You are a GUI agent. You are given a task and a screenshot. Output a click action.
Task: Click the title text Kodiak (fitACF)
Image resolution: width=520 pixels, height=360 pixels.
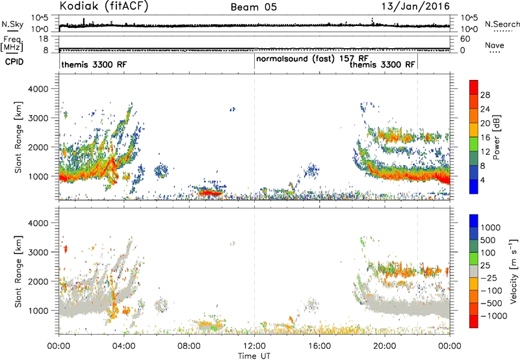(104, 6)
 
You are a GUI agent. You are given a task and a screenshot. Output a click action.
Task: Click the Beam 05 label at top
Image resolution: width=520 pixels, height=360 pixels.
(253, 7)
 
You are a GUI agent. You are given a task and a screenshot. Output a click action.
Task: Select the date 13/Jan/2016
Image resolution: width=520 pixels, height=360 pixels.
(415, 6)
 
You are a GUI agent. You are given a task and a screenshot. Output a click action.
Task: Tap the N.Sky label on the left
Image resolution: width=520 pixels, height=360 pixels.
(12, 24)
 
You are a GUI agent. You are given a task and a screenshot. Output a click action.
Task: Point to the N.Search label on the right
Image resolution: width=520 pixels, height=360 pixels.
(502, 24)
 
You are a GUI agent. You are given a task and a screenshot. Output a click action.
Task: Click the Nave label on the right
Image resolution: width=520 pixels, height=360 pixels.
(495, 45)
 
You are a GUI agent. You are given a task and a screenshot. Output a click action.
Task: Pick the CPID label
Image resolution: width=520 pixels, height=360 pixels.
(14, 62)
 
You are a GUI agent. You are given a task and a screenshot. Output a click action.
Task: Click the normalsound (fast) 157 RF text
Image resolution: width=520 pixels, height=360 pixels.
(312, 58)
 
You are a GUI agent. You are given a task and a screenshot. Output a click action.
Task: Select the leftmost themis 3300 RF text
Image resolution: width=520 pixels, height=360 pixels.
(94, 64)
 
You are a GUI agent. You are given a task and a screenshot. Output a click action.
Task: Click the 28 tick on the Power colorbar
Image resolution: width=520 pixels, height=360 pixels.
(485, 95)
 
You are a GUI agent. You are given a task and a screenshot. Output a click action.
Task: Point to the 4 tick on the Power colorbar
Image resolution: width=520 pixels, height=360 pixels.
(482, 181)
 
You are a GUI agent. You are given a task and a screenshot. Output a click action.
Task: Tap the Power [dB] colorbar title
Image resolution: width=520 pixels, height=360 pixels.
(496, 137)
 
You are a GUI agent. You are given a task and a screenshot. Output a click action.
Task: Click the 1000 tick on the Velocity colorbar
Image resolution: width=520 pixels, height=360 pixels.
(491, 227)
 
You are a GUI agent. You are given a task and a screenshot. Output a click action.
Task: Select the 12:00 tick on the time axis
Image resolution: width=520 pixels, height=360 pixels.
(254, 346)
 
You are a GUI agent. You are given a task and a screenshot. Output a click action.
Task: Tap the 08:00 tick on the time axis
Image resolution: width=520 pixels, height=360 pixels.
(189, 346)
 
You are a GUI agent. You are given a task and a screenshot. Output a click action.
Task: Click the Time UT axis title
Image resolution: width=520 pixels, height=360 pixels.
(254, 356)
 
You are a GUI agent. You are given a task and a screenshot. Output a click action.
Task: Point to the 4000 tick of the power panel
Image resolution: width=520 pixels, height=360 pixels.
(38, 89)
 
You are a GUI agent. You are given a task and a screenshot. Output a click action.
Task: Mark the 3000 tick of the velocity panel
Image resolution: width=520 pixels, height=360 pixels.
(38, 252)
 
